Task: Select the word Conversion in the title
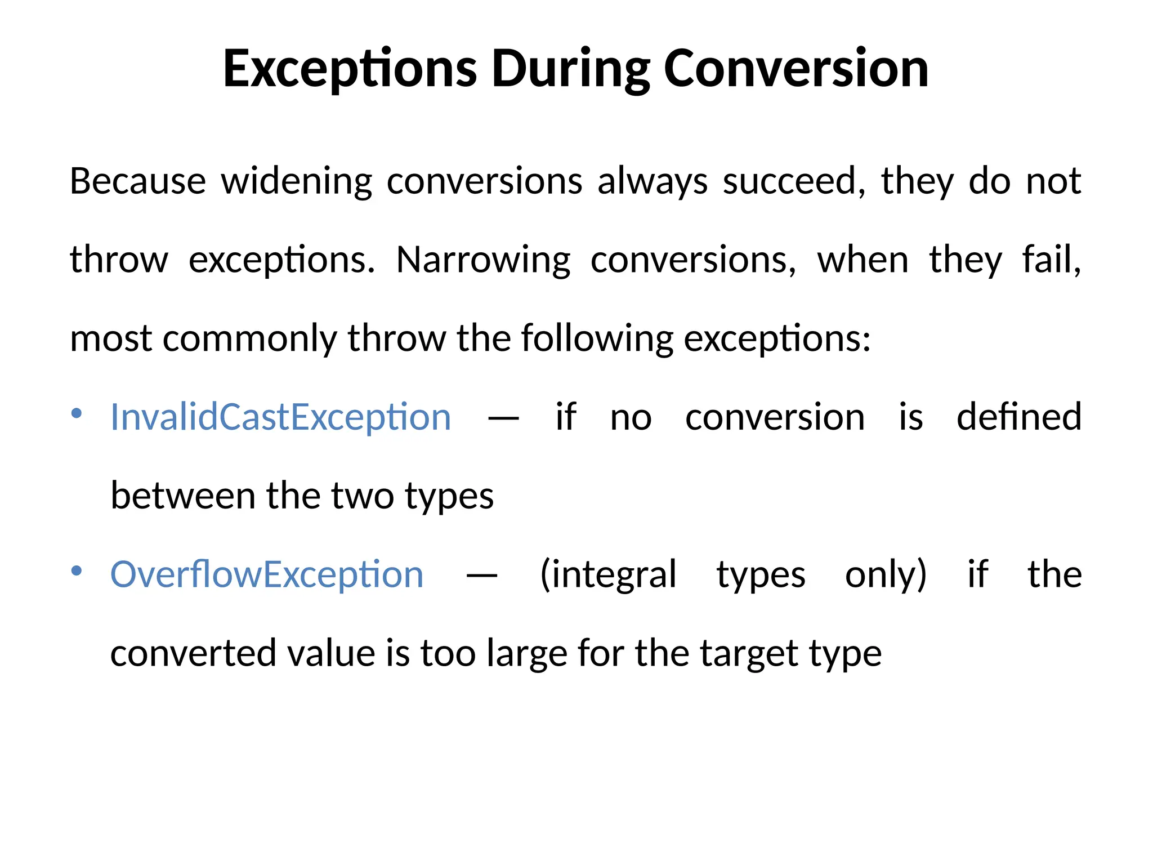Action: (x=796, y=69)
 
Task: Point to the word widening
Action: (x=297, y=181)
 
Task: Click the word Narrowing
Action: (x=483, y=260)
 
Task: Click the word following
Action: (x=597, y=339)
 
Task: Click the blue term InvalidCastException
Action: (x=281, y=417)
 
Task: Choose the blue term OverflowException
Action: (x=267, y=575)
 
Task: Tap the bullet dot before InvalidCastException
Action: (x=77, y=414)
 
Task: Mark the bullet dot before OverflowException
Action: (x=77, y=572)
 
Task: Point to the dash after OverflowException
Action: (x=482, y=576)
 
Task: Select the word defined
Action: (x=1019, y=417)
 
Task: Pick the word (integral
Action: (x=608, y=575)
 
